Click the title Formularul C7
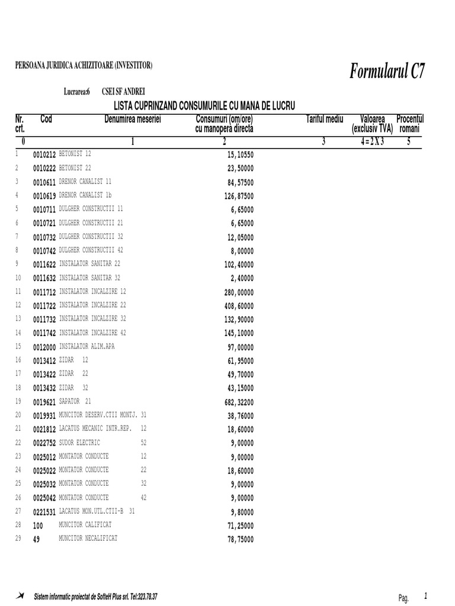point(387,72)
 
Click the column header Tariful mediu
point(325,120)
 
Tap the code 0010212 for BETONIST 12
point(44,154)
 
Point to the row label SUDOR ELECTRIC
point(80,443)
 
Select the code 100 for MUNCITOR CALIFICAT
point(38,526)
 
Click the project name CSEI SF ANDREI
point(123,92)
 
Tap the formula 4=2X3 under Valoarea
point(371,141)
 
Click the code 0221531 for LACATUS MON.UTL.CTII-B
point(44,512)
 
